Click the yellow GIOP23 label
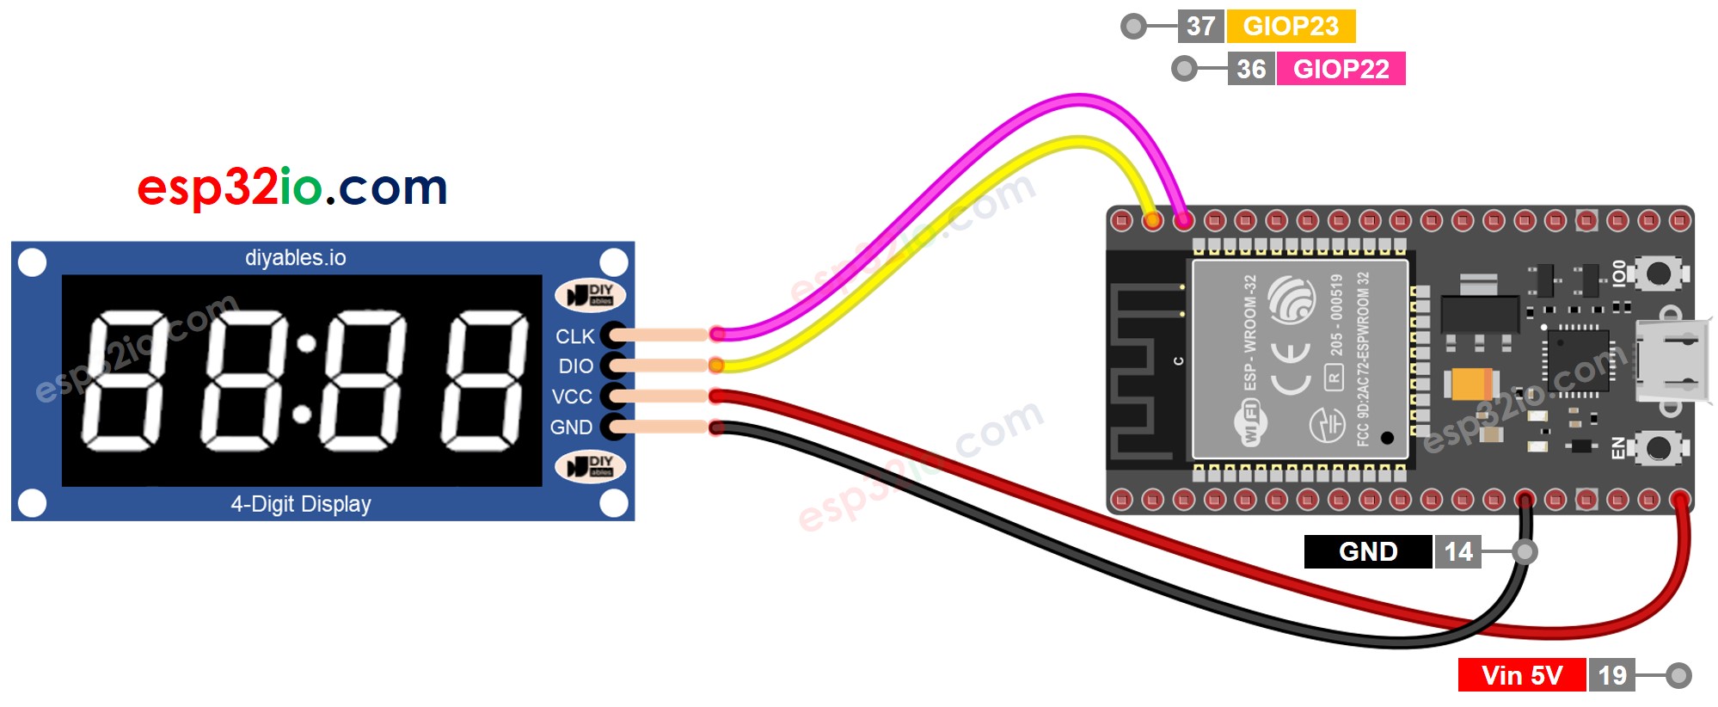1290,26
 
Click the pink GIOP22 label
1341,69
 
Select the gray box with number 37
1200,26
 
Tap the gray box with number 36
1251,69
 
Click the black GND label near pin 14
1367,551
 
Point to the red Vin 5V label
1521,675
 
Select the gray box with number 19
1611,675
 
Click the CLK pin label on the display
574,336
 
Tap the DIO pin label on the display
575,366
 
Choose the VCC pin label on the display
572,397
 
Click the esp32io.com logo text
292,187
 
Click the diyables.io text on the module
295,257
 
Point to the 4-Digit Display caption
300,504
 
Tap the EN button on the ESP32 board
1657,447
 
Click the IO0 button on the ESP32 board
1657,274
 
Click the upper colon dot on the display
306,345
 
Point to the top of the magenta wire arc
1082,98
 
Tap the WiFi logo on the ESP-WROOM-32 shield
1251,424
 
